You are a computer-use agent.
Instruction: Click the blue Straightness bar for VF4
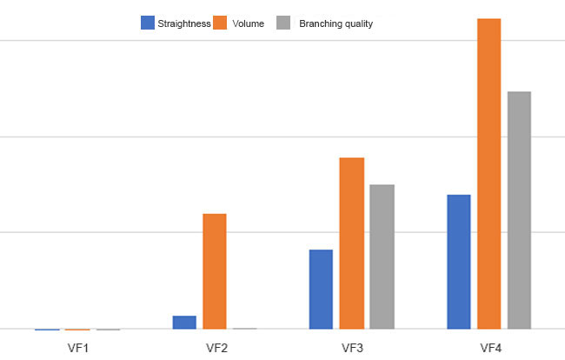pyautogui.click(x=459, y=262)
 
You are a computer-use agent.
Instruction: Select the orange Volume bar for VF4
pyautogui.click(x=489, y=174)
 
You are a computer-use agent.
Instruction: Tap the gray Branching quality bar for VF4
pyautogui.click(x=519, y=210)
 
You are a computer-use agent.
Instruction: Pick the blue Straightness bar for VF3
pyautogui.click(x=321, y=289)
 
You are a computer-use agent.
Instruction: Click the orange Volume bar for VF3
pyautogui.click(x=352, y=243)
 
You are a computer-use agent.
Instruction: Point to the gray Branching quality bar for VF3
pyautogui.click(x=382, y=257)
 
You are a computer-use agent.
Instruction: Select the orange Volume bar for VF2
pyautogui.click(x=215, y=271)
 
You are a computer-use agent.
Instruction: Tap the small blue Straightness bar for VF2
pyautogui.click(x=184, y=322)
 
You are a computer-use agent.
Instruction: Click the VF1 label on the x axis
pyautogui.click(x=78, y=348)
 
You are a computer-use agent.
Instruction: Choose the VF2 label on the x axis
pyautogui.click(x=216, y=348)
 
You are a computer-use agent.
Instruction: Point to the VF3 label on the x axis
pyautogui.click(x=352, y=348)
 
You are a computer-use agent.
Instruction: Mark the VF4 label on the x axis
pyautogui.click(x=491, y=348)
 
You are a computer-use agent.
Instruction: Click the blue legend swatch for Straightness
pyautogui.click(x=148, y=23)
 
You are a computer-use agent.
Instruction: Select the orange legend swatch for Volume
pyautogui.click(x=220, y=23)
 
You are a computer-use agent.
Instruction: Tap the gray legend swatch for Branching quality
pyautogui.click(x=283, y=23)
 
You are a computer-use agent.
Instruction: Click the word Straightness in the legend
pyautogui.click(x=184, y=23)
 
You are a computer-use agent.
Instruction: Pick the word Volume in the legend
pyautogui.click(x=249, y=23)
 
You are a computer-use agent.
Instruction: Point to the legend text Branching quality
pyautogui.click(x=336, y=23)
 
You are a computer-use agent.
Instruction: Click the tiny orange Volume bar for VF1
pyautogui.click(x=77, y=330)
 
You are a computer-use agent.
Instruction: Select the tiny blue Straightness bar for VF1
pyautogui.click(x=47, y=330)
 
